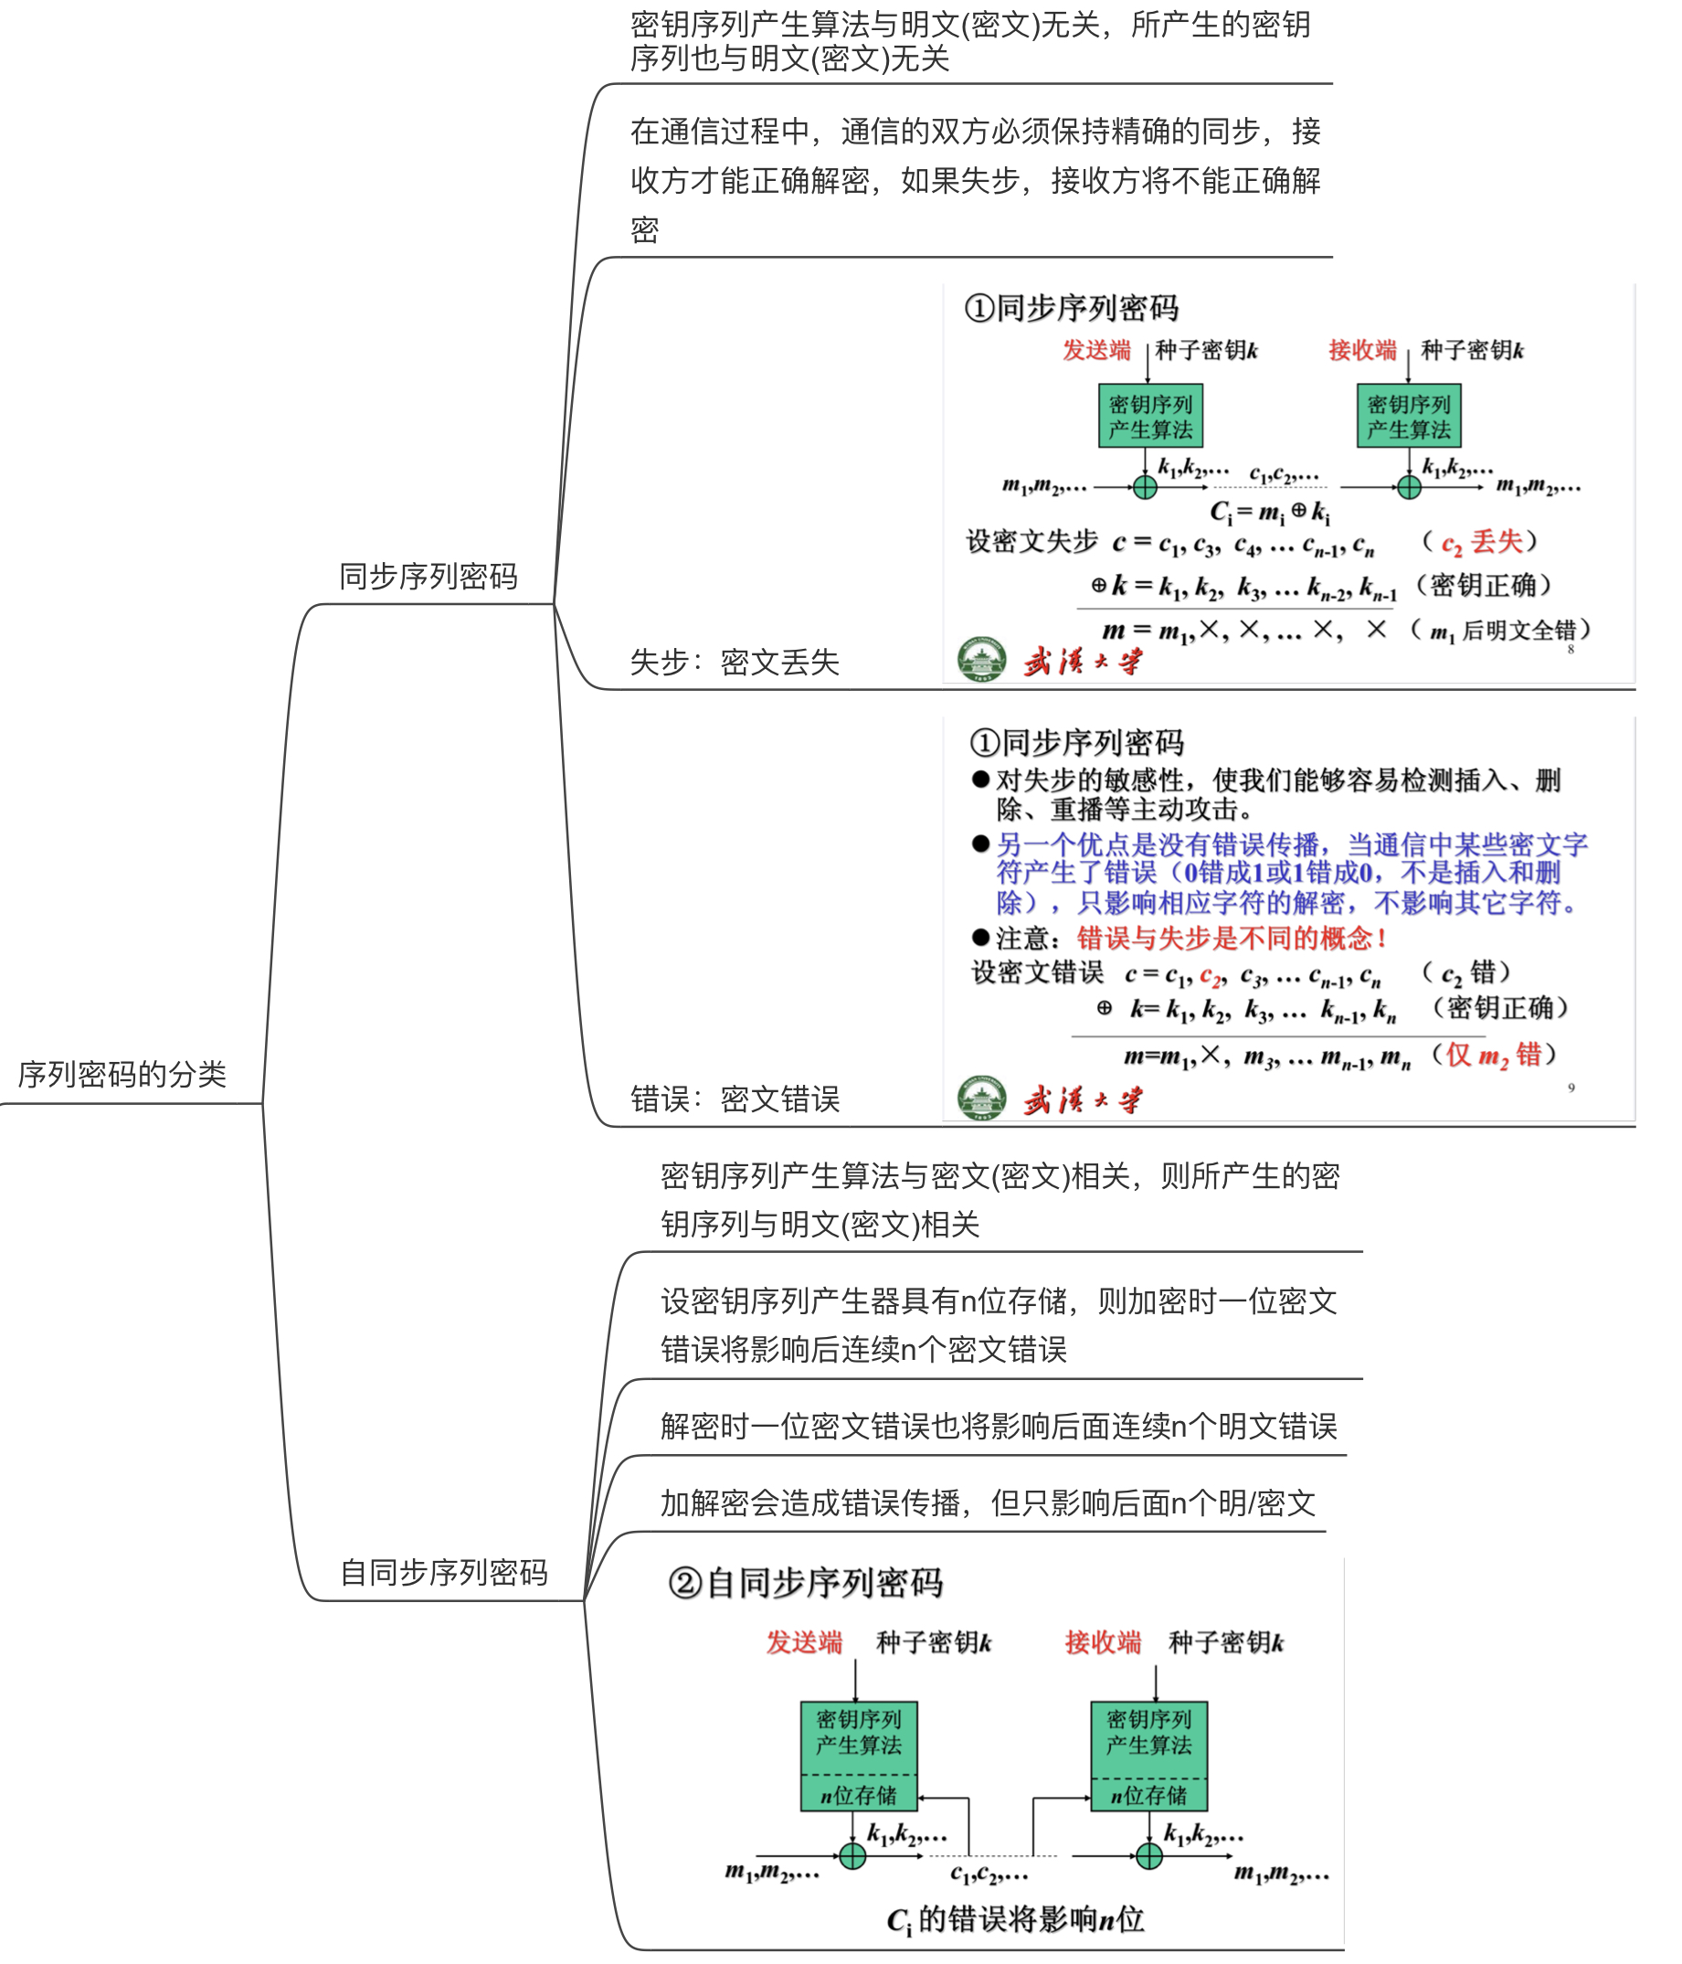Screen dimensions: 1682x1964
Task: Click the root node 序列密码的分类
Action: [122, 1074]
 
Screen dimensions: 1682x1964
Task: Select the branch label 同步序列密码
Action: [428, 576]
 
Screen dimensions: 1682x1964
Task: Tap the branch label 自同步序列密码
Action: [443, 1572]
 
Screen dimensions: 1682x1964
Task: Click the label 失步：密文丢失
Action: [735, 662]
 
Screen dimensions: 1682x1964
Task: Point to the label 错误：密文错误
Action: [735, 1099]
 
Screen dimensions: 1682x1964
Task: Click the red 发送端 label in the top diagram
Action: [1096, 350]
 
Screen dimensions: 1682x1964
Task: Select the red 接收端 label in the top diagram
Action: [1361, 350]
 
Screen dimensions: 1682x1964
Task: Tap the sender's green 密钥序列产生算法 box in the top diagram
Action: [1150, 415]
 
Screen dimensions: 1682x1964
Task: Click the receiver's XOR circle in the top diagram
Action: [1409, 487]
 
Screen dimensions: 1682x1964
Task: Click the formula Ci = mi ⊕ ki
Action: [1270, 513]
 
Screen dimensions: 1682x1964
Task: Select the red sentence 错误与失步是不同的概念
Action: [1231, 939]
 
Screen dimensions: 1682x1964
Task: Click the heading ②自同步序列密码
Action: [806, 1583]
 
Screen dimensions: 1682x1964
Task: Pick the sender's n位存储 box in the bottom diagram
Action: [859, 1795]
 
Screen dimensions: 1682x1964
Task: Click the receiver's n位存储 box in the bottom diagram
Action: [1148, 1795]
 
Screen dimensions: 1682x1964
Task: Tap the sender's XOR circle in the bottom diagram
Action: [852, 1856]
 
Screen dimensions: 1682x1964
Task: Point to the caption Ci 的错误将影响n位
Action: [1015, 1919]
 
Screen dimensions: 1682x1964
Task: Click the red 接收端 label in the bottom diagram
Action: [1102, 1642]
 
